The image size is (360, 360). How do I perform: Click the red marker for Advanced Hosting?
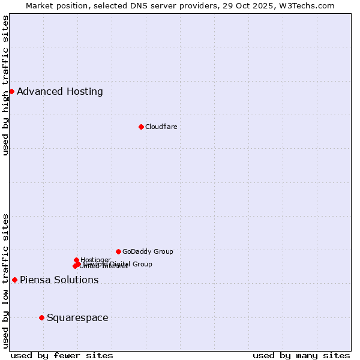tap(11, 91)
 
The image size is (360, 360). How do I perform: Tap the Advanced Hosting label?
tap(60, 92)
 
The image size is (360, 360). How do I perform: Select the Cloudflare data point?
tap(141, 127)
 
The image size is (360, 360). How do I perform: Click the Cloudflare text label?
tap(161, 127)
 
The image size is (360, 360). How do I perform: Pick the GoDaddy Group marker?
tap(118, 251)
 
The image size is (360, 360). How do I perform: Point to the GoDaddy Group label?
tap(148, 251)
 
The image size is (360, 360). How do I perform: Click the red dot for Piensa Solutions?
tap(14, 280)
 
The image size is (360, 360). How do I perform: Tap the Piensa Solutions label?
tap(59, 280)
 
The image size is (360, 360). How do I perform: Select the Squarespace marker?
tap(41, 317)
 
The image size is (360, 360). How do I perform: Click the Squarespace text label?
tap(77, 318)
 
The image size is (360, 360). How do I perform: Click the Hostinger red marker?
tap(76, 260)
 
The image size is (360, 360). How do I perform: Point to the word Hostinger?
tap(95, 260)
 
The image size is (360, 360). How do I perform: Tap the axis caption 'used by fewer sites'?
tap(62, 355)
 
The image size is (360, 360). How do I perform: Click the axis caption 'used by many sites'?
tap(301, 355)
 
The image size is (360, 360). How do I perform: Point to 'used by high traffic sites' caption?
tap(6, 85)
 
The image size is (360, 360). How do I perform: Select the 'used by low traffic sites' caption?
tap(6, 281)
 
